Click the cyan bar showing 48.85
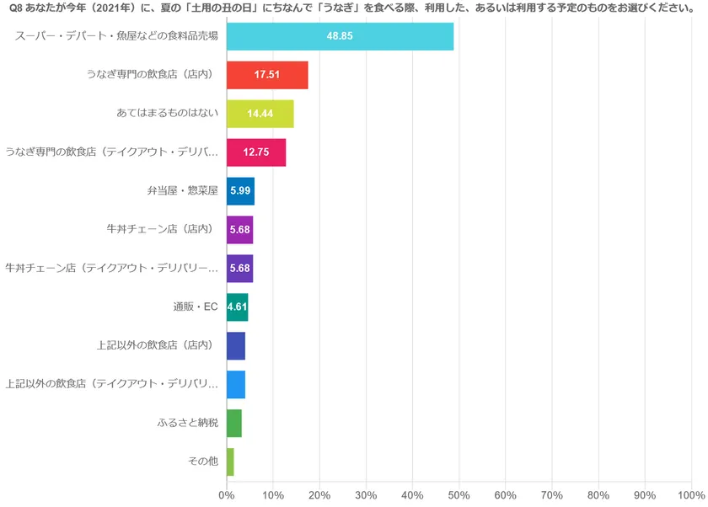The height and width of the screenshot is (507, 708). click(x=340, y=37)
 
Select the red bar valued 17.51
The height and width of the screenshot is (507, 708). click(x=267, y=75)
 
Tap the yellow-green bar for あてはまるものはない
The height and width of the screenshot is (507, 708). click(x=260, y=114)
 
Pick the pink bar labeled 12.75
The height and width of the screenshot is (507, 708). click(x=256, y=152)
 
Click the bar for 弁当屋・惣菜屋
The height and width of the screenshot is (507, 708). click(x=240, y=191)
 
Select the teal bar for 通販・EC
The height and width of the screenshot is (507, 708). click(x=237, y=307)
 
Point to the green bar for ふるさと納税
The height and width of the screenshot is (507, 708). click(x=234, y=423)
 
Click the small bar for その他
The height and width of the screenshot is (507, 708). click(x=230, y=462)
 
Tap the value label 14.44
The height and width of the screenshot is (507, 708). click(x=260, y=114)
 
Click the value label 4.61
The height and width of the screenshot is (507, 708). click(x=237, y=307)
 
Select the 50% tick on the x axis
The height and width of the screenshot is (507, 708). click(x=459, y=495)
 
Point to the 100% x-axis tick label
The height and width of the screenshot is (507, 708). click(x=690, y=495)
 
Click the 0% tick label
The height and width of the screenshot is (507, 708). click(x=226, y=495)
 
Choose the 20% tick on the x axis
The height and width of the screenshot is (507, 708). click(x=319, y=495)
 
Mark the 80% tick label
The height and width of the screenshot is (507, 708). click(x=598, y=495)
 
